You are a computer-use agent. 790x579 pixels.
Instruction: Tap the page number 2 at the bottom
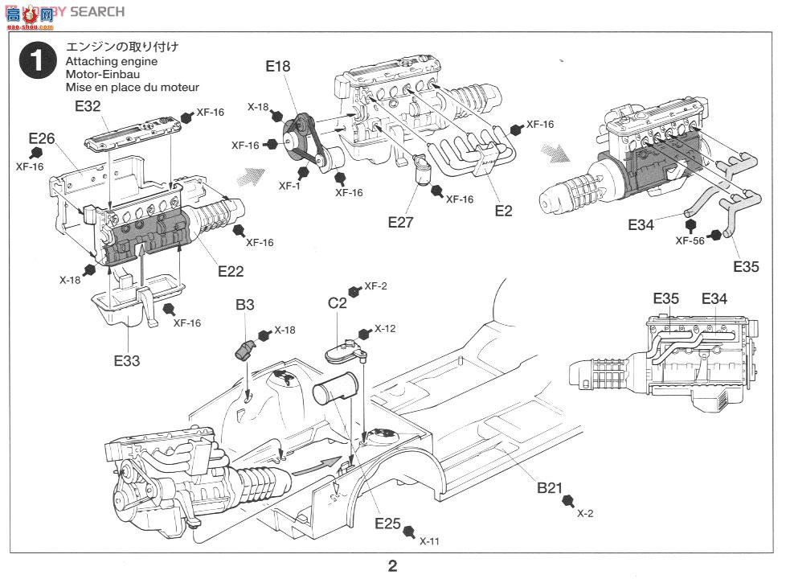(x=392, y=566)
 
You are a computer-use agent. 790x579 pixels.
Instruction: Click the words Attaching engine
(x=111, y=61)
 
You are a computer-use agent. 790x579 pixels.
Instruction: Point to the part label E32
(x=88, y=105)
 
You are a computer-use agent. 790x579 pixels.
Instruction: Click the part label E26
(x=41, y=138)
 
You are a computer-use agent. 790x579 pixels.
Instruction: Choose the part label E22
(x=231, y=271)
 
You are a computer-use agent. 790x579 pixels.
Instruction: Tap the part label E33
(x=126, y=361)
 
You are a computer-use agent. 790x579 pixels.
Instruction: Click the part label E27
(x=400, y=222)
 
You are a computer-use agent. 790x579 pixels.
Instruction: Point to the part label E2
(x=503, y=211)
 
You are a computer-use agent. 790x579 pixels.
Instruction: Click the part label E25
(x=387, y=524)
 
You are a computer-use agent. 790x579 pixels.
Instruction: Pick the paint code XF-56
(x=690, y=240)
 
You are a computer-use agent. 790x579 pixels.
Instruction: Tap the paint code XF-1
(x=290, y=185)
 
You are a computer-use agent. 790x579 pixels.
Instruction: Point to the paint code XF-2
(x=376, y=286)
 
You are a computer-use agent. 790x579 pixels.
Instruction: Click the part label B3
(x=245, y=305)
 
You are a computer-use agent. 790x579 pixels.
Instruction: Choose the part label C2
(x=338, y=303)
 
